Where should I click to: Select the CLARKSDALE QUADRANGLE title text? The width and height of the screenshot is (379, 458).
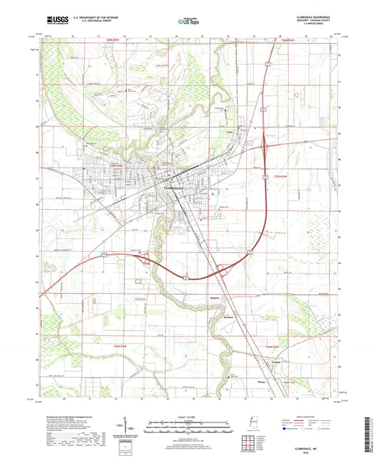point(319,16)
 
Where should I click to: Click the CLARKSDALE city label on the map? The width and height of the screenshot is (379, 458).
point(176,188)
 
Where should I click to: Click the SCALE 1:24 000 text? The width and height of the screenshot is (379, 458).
point(188,416)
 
